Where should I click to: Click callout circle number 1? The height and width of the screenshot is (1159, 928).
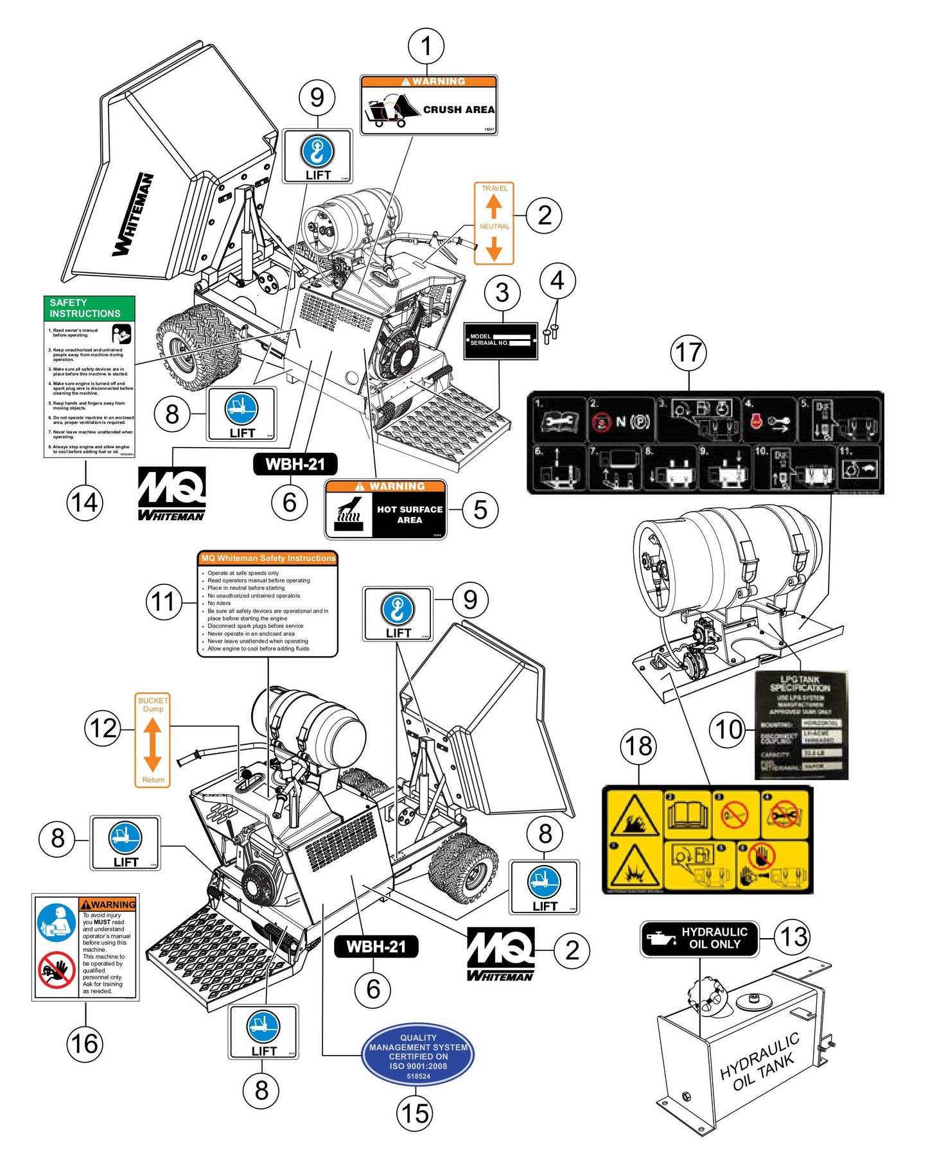[x=426, y=46]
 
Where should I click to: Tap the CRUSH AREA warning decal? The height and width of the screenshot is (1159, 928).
[x=428, y=105]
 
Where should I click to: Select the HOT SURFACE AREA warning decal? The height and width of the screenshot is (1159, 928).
[x=385, y=510]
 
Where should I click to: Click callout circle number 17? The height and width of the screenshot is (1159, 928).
[x=688, y=353]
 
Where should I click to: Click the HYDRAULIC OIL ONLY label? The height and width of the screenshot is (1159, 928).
[x=699, y=938]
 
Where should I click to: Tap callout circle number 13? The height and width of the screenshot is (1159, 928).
[x=793, y=937]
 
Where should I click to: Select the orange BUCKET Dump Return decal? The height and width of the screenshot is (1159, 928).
[x=153, y=740]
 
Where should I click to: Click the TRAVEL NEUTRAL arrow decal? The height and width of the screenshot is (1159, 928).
[x=494, y=223]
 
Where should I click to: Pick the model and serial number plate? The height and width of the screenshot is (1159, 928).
[x=501, y=340]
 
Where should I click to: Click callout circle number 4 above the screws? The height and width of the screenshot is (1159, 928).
[x=557, y=281]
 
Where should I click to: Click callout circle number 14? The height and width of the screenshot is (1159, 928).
[x=85, y=502]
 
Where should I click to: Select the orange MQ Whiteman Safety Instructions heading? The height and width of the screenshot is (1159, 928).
[x=268, y=559]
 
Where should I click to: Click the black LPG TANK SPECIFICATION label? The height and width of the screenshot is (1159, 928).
[x=801, y=726]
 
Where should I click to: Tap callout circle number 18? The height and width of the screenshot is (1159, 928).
[x=638, y=746]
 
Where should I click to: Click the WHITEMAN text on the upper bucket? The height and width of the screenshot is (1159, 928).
[x=134, y=214]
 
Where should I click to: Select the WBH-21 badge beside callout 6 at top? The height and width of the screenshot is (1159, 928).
[x=295, y=464]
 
